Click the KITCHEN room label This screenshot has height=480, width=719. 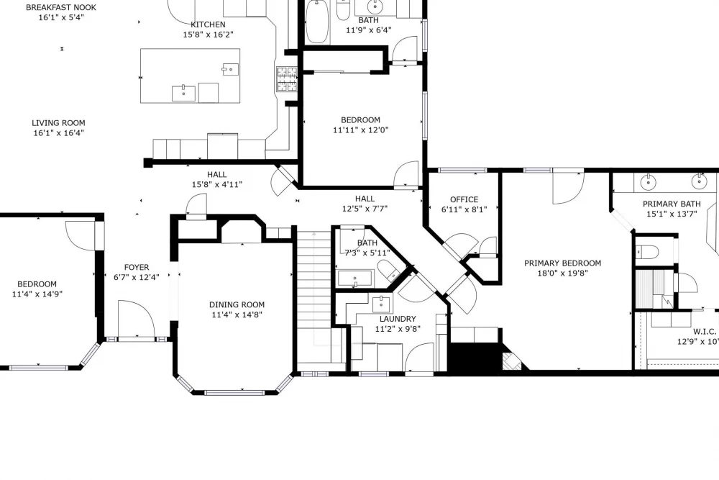coord(208,24)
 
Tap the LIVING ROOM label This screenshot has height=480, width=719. coord(58,123)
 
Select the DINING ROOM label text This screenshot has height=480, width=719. coord(237,304)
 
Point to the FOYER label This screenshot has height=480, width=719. coord(137,267)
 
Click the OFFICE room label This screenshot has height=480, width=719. coord(464,199)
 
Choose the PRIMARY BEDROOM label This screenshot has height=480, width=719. coord(563,263)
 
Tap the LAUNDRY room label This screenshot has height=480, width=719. coord(398,319)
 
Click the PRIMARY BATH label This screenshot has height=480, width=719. coord(672,204)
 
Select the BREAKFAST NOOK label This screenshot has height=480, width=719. coord(61,7)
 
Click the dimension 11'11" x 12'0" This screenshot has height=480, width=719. coord(360,130)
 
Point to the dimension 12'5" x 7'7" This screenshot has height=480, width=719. coord(365,209)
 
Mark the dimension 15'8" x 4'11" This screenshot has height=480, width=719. coord(217,184)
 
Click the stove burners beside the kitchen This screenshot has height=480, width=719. coord(287,79)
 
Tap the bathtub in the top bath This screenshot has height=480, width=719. coord(317,22)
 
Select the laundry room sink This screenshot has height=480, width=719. coord(381,304)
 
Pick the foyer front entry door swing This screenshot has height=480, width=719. coord(136,319)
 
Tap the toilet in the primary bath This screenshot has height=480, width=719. coord(647,252)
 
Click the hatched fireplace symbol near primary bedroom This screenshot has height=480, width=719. coord(512,361)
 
